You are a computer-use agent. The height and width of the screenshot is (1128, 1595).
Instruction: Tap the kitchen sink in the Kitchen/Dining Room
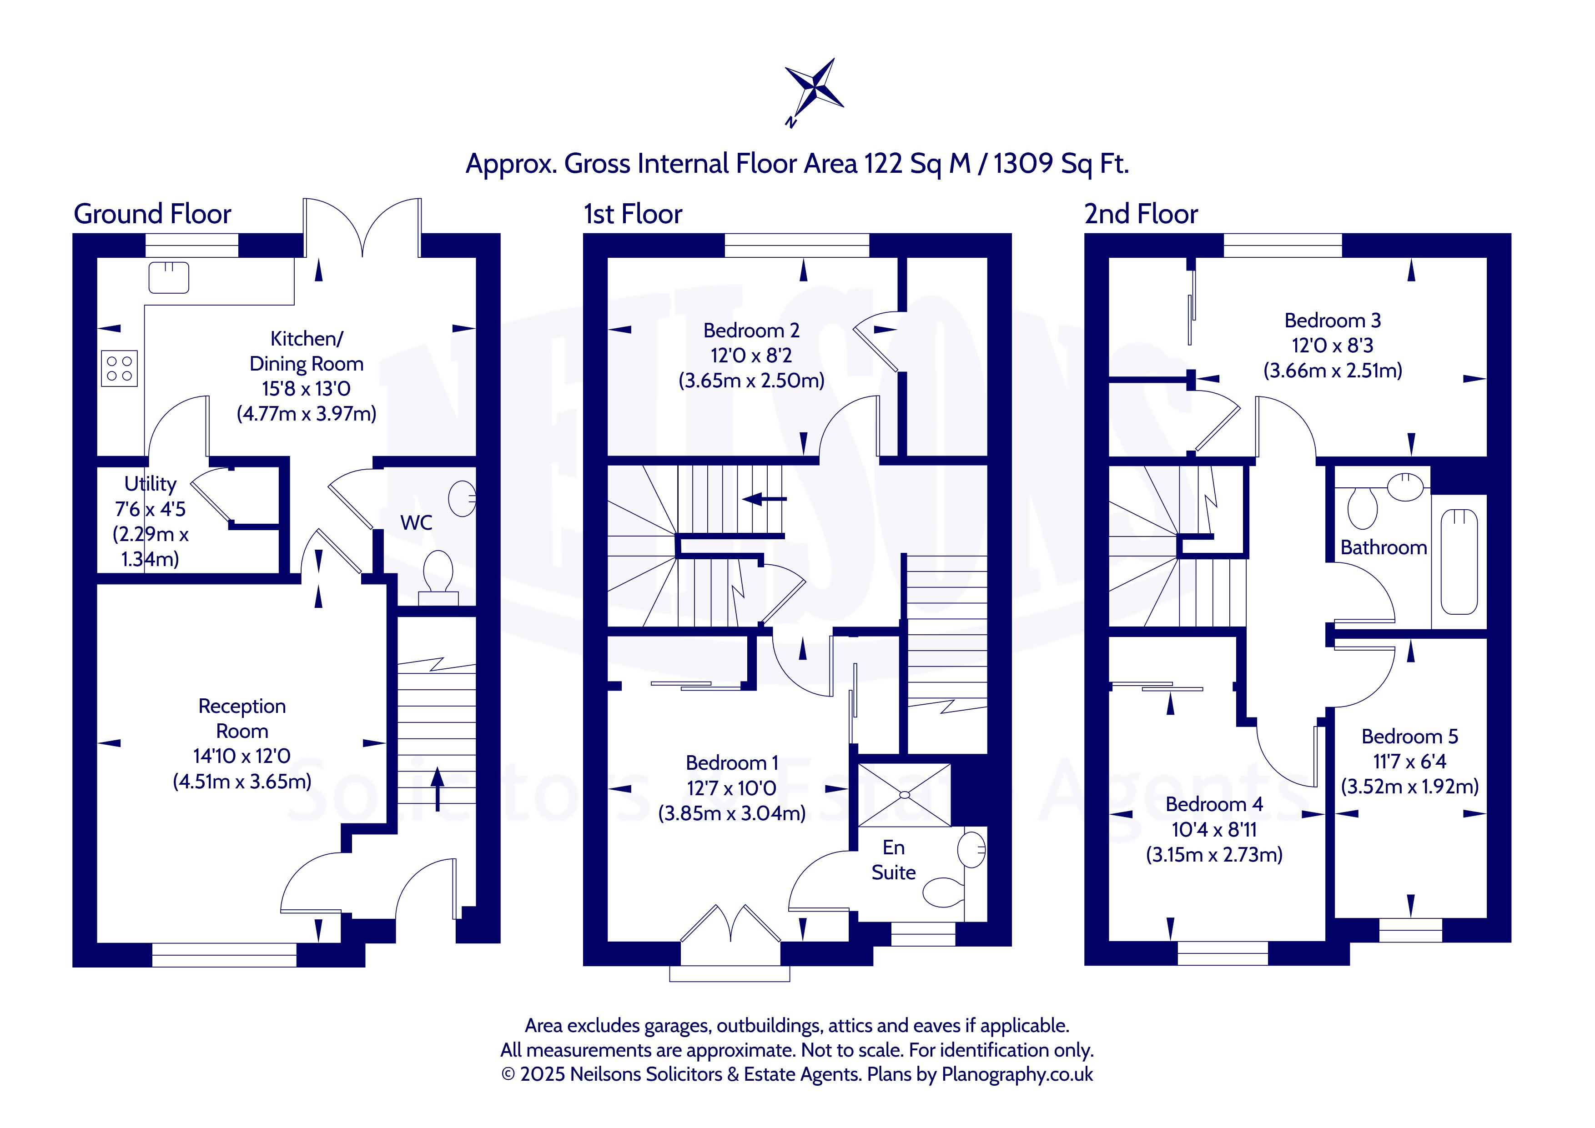169,277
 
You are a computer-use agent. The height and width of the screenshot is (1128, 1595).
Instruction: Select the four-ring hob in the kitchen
120,368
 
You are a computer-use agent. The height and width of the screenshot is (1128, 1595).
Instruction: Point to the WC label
416,522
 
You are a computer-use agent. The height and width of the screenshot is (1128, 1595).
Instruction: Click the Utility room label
150,483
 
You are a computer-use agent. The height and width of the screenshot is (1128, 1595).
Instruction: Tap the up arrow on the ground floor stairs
437,788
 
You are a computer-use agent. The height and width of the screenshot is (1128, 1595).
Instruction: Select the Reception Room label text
242,718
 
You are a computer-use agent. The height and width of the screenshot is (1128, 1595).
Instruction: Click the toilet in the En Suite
944,892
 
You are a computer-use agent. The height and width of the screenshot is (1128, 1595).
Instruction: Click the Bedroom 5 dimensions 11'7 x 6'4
1409,761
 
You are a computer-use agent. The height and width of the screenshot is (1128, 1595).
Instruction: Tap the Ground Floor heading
152,214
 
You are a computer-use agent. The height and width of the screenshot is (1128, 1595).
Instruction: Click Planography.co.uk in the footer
1017,1074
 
